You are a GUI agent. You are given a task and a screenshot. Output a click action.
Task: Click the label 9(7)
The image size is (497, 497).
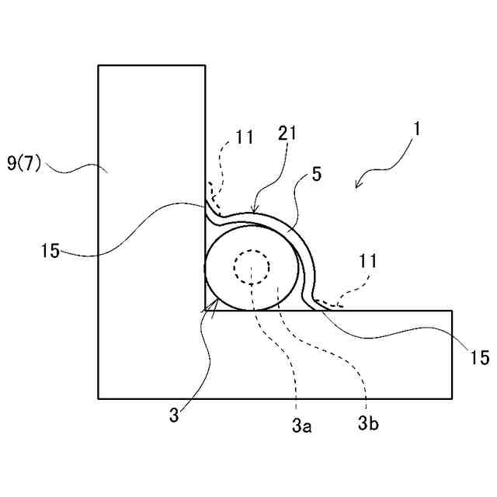27,164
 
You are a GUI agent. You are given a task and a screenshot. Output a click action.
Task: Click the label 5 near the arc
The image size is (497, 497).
316,175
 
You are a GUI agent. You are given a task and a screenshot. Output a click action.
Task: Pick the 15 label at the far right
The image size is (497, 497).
480,357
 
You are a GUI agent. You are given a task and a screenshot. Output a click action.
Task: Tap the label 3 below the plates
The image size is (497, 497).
174,415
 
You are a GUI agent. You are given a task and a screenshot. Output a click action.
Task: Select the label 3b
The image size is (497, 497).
368,424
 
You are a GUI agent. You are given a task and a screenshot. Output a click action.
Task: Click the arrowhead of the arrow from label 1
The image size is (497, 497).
358,185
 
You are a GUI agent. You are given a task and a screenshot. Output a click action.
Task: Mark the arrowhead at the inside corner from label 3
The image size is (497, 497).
210,307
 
